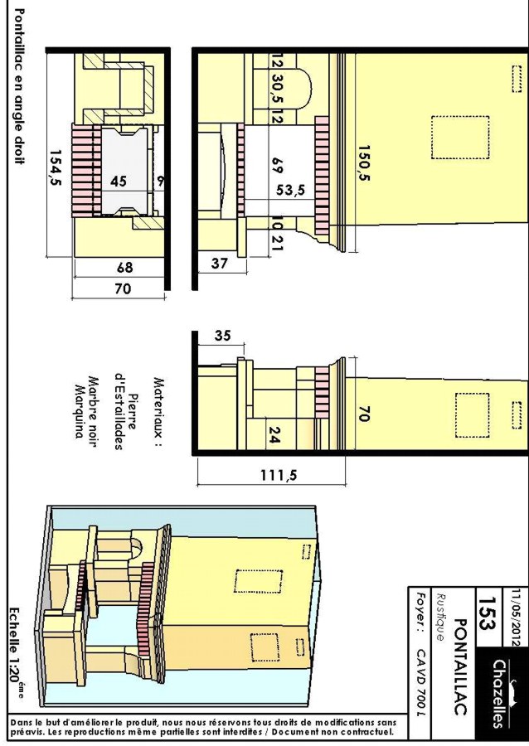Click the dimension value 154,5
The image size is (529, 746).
point(56,168)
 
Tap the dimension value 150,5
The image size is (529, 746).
point(364,163)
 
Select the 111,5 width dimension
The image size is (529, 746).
point(279,475)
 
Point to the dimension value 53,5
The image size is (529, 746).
point(291,191)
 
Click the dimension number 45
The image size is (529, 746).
point(119,182)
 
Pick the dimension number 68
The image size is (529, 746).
point(125,268)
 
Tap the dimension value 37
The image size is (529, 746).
point(219,263)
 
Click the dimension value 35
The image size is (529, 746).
point(222,336)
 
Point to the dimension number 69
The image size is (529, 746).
point(277,166)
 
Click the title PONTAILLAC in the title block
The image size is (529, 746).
point(460,666)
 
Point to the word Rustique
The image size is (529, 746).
point(440,617)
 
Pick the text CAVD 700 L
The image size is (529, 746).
point(421,681)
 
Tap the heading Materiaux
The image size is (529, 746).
point(158,412)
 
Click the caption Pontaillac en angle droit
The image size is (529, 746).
point(19,86)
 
